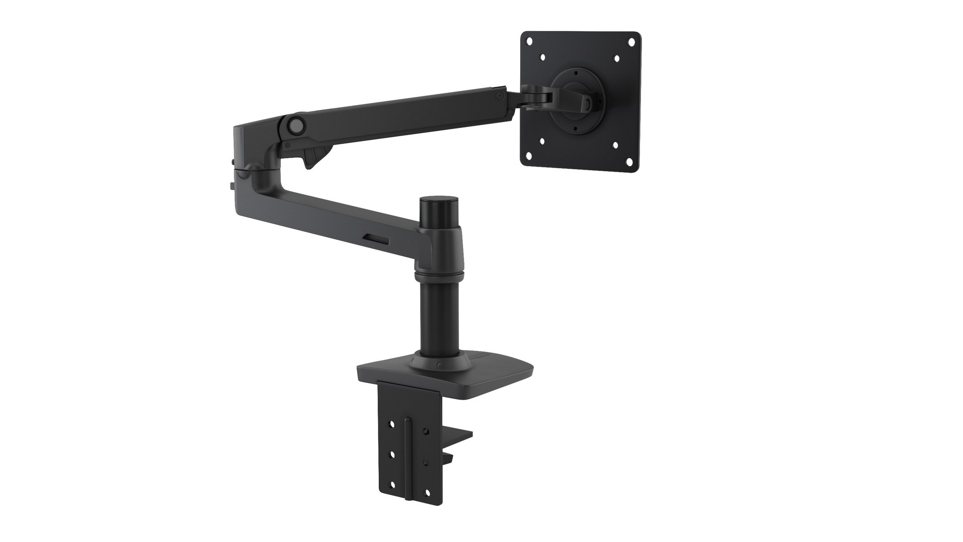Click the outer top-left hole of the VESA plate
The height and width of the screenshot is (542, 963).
coord(530,42)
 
